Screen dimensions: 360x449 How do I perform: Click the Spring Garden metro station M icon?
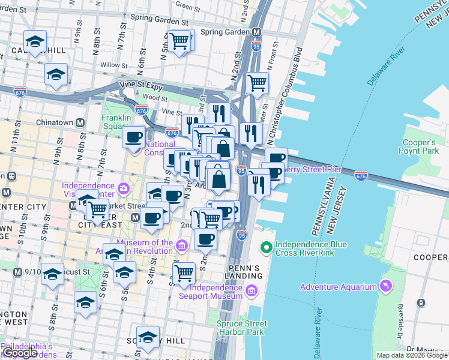pyautogui.click(x=256, y=32)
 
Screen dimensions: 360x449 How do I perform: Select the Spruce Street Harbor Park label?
pyautogui.click(x=241, y=328)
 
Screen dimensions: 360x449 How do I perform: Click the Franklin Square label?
pyautogui.click(x=116, y=122)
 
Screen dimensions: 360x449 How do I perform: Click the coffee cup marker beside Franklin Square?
pyautogui.click(x=133, y=137)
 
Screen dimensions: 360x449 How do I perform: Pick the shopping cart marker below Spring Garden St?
pyautogui.click(x=179, y=42)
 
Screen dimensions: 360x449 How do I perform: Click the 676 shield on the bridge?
pyautogui.click(x=361, y=175)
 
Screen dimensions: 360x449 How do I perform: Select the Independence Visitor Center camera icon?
pyautogui.click(x=123, y=189)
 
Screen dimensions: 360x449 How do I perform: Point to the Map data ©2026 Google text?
pyautogui.click(x=412, y=355)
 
